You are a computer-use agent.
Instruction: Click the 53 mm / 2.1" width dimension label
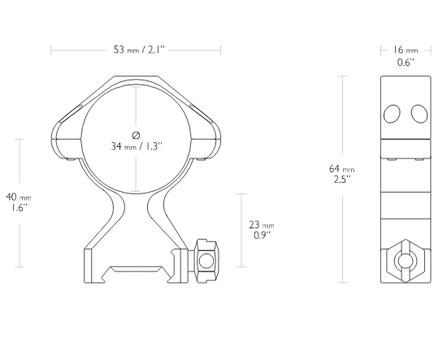(x=139, y=50)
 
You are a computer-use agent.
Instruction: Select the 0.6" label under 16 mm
(x=406, y=62)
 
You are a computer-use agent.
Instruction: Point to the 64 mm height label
(x=342, y=169)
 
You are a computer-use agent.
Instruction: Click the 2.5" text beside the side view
(x=342, y=180)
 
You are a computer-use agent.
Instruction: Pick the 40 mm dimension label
(x=19, y=197)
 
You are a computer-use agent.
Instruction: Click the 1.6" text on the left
(x=20, y=207)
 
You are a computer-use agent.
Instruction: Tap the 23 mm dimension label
(x=262, y=225)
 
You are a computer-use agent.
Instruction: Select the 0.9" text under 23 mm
(x=262, y=236)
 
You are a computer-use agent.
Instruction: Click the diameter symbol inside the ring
(x=137, y=135)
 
